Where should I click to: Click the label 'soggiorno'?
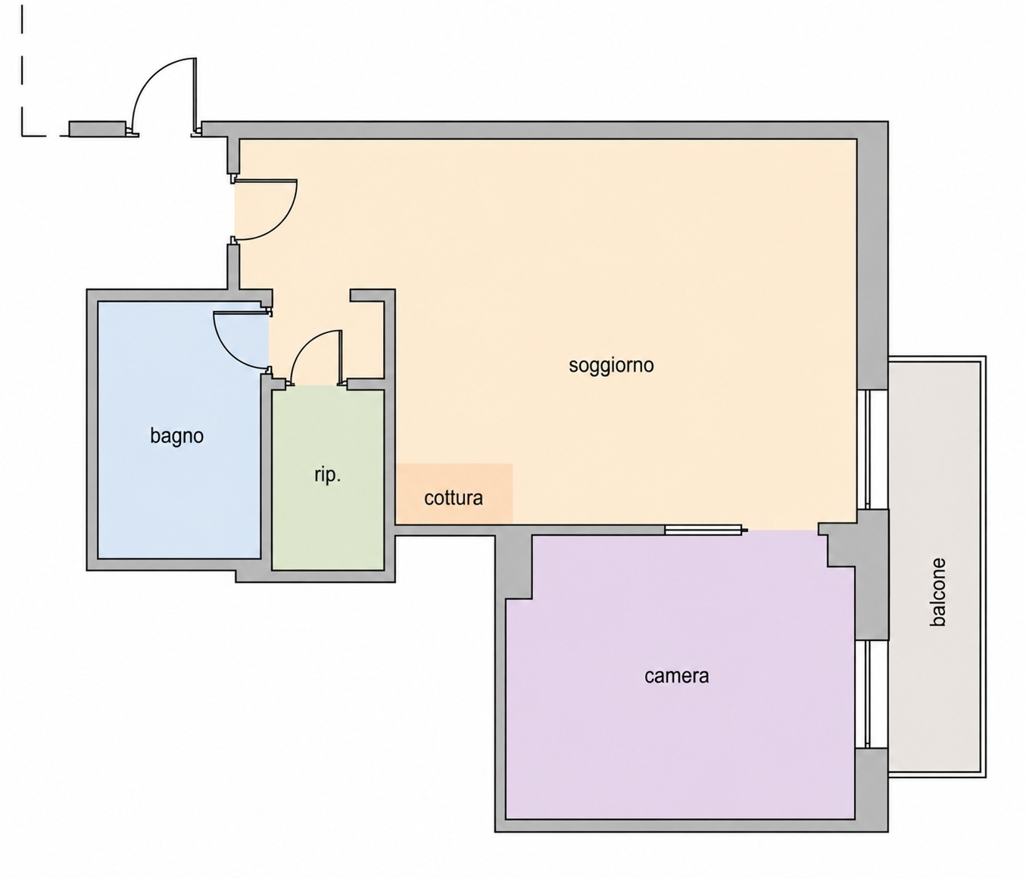pos(610,366)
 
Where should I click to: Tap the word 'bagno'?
pos(176,436)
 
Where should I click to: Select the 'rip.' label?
pos(328,475)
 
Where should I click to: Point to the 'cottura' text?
pos(454,498)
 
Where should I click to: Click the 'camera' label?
pos(677,676)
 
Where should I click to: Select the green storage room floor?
pos(328,479)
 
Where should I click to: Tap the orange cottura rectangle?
pos(454,493)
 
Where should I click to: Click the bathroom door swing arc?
pos(229,352)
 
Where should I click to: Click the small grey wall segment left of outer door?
pos(96,129)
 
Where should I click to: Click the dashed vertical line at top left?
pos(22,73)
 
